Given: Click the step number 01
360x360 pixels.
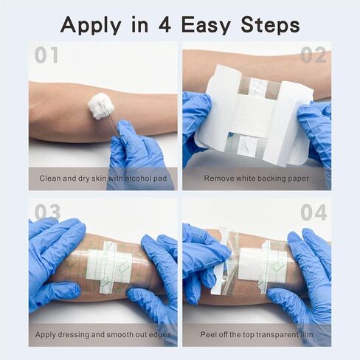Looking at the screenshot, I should (46, 56).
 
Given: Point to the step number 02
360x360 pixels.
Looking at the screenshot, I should (314, 56).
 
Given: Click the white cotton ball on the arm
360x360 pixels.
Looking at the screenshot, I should (101, 105).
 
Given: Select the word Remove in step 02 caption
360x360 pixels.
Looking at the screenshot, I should (221, 179).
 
